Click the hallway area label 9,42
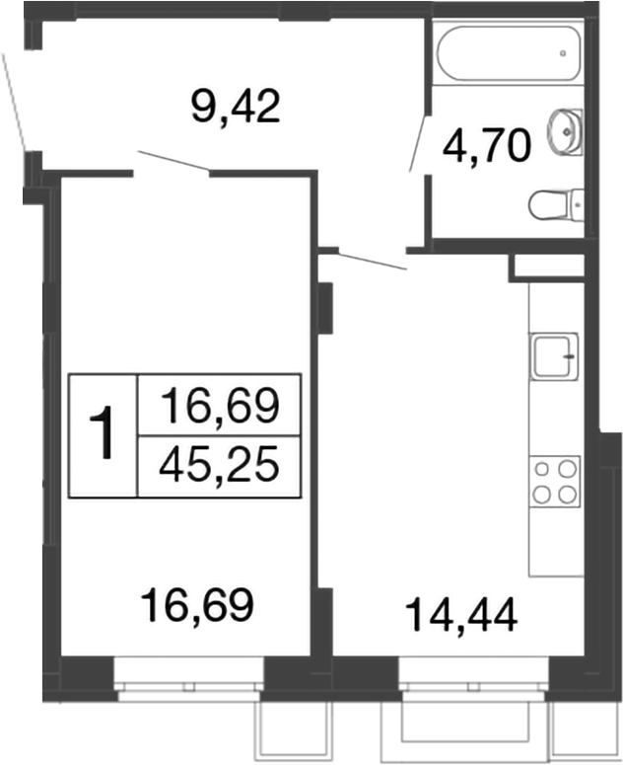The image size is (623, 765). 237,104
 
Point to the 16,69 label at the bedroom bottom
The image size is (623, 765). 198,601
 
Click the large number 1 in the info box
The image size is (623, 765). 104,434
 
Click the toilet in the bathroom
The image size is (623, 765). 556,205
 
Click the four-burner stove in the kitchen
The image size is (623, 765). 554,482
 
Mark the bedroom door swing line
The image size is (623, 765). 173,162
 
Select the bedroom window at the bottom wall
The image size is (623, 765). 188,680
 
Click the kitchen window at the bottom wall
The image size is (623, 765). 473,680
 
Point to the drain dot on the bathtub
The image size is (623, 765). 565,52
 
